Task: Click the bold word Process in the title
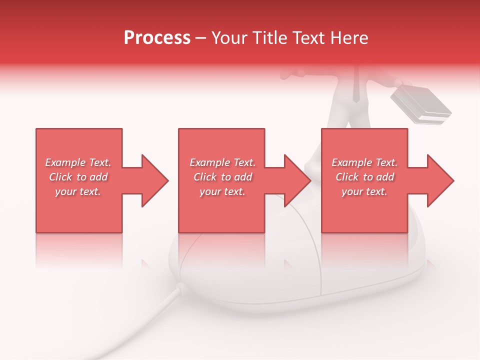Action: tap(157, 38)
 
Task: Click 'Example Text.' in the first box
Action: tap(78, 162)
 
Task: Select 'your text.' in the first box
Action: tap(78, 191)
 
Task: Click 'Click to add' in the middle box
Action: tap(222, 177)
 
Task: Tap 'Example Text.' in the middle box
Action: tap(222, 162)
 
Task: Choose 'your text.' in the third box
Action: tap(364, 191)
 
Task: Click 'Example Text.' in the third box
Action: tap(364, 162)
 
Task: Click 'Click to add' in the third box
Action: tap(364, 177)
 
